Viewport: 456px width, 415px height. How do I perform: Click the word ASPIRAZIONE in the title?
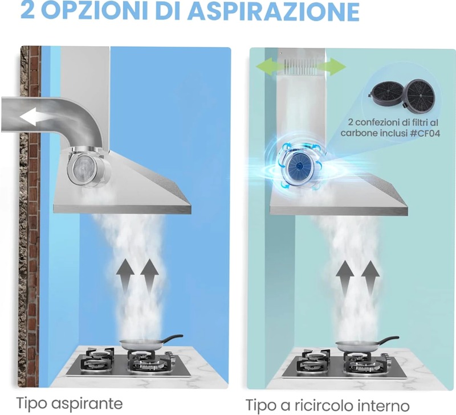click(273, 11)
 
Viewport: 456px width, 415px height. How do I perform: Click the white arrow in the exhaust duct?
click(34, 117)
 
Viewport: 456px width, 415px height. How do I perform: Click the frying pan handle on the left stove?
click(172, 338)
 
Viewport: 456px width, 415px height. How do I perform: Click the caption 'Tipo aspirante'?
click(70, 403)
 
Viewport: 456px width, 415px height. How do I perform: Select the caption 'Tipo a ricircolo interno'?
click(328, 405)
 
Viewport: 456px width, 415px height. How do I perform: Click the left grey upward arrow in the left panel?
click(125, 277)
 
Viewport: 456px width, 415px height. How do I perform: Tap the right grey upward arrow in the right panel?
click(370, 278)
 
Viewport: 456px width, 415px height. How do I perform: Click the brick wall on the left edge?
click(29, 216)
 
